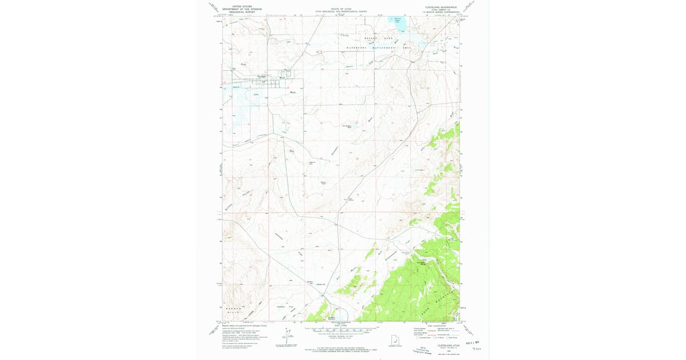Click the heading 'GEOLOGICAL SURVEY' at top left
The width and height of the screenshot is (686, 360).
tap(241, 11)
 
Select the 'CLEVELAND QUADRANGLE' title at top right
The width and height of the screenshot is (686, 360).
tap(441, 6)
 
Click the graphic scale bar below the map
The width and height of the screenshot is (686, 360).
tap(342, 330)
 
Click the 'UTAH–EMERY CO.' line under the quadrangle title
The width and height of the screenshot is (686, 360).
tap(441, 9)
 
